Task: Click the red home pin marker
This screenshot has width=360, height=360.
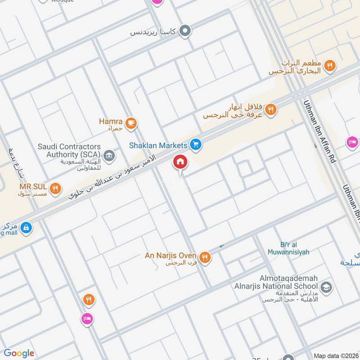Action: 180,162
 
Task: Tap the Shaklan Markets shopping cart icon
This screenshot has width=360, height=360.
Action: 195,144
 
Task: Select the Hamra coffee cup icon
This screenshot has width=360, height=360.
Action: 131,123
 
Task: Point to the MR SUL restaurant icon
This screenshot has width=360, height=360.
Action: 55,189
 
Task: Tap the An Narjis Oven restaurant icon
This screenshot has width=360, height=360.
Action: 205,257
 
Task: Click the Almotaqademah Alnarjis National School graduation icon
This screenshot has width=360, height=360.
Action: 326,287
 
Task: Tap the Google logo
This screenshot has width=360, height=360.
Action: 18,353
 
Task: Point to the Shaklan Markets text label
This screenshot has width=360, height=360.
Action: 157,145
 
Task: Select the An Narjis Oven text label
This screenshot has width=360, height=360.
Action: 170,256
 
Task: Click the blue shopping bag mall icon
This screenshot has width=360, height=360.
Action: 27,227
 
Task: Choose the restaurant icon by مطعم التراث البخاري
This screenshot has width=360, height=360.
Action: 330,66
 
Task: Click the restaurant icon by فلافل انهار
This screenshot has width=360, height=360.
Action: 270,109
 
